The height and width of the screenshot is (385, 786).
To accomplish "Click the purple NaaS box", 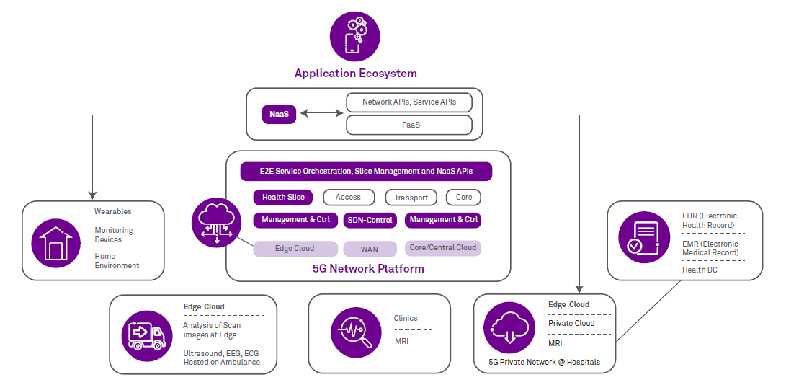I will pyautogui.click(x=279, y=114).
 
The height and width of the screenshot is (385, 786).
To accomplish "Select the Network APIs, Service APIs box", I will pyautogui.click(x=409, y=102).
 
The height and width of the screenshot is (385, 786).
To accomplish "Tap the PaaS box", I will pyautogui.click(x=409, y=125).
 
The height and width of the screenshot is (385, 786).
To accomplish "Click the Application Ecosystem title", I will pyautogui.click(x=355, y=74).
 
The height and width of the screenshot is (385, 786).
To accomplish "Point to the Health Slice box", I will pyautogui.click(x=283, y=197).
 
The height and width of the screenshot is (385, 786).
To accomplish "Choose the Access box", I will pyautogui.click(x=349, y=197).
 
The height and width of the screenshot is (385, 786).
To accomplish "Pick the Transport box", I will pyautogui.click(x=411, y=198).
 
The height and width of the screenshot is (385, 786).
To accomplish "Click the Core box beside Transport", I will pyautogui.click(x=463, y=197).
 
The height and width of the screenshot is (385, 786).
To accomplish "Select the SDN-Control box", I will pyautogui.click(x=370, y=220).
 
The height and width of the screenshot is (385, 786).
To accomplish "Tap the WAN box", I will pyautogui.click(x=370, y=249).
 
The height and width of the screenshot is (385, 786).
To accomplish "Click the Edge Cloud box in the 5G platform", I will pyautogui.click(x=295, y=249).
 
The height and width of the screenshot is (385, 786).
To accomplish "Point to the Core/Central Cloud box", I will pyautogui.click(x=442, y=248).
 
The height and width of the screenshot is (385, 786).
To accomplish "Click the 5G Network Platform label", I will pyautogui.click(x=368, y=269).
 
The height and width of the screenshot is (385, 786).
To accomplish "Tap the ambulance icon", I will pyautogui.click(x=146, y=335).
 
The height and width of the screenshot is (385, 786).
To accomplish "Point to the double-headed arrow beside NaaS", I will pyautogui.click(x=321, y=113).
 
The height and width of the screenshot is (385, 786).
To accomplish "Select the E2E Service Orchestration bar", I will pyautogui.click(x=366, y=172).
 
